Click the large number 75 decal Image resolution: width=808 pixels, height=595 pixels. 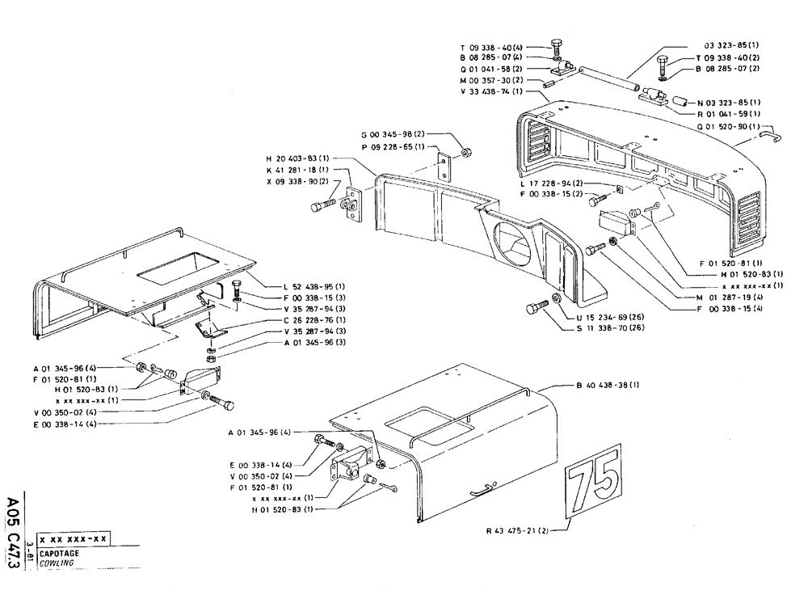pos(594,484)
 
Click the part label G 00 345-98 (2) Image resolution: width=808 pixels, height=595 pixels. pos(394,134)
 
